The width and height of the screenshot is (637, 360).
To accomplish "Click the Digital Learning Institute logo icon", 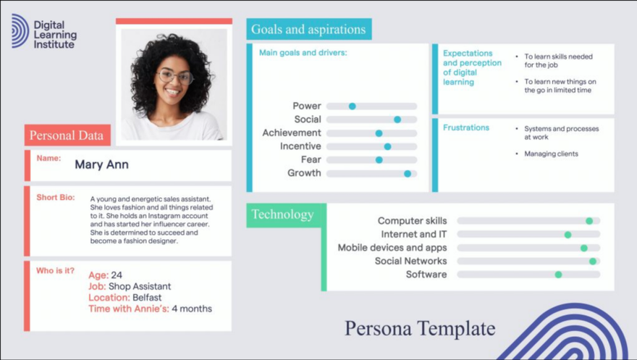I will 20,31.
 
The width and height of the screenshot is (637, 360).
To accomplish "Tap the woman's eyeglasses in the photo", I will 174,75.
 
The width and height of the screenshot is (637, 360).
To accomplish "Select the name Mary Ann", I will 101,164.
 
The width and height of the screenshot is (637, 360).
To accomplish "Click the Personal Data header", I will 67,135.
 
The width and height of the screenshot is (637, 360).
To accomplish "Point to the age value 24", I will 117,275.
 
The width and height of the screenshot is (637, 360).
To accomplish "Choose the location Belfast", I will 147,298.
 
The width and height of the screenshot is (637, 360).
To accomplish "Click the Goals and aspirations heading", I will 308,30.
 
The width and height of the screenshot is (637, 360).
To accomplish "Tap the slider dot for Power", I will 353,106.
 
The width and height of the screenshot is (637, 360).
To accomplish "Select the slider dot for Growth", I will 408,174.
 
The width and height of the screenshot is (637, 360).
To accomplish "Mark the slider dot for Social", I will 397,120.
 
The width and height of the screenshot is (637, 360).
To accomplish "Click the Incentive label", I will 300,146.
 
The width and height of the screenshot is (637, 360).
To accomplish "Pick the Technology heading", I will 282,214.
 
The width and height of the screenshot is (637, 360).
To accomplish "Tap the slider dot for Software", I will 558,275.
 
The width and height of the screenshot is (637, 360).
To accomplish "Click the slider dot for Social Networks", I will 593,261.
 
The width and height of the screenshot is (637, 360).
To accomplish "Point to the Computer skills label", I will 412,221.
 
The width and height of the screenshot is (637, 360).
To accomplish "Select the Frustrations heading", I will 466,127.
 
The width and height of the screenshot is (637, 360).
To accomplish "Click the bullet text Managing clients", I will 551,154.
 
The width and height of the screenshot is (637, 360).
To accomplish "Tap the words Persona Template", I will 420,328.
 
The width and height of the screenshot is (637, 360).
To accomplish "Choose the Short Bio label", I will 55,197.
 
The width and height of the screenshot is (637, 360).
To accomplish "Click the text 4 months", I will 192,309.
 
